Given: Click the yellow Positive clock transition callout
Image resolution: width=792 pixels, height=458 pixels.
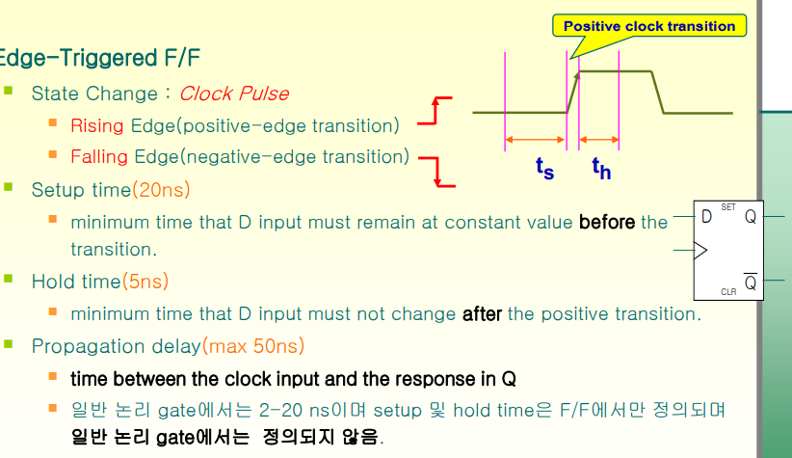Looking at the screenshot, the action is point(649,26).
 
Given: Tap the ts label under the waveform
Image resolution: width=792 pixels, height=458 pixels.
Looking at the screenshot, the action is point(545,168).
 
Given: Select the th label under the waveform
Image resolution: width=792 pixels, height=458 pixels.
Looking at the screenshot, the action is point(601,168).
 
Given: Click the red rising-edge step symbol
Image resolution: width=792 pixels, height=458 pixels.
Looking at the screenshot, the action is point(435,110).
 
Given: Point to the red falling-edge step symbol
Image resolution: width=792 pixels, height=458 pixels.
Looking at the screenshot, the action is point(437,172).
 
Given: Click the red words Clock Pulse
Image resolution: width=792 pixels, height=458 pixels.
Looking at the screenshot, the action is point(234,94).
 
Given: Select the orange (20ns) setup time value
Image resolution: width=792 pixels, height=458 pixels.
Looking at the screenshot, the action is point(161,190).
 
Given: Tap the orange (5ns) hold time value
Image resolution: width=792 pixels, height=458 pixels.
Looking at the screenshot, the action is point(145,282).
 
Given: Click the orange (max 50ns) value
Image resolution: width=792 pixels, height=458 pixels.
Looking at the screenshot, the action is point(253,346).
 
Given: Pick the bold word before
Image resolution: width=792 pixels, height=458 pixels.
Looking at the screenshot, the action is point(607,222).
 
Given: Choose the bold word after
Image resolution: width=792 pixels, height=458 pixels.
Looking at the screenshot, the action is point(482,314).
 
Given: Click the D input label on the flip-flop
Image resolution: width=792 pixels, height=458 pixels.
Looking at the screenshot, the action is point(706,217).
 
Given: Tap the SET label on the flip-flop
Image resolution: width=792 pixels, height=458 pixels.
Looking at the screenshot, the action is point(728,206).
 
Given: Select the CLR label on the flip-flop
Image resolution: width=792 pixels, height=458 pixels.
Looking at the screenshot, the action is point(728,292).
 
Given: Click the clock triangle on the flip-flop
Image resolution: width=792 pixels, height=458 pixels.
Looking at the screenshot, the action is point(701,251).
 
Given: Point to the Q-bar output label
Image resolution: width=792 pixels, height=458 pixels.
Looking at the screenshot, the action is point(751,282).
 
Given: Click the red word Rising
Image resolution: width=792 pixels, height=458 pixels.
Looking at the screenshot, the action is point(97,126).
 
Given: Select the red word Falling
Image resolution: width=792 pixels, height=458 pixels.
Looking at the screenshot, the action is point(99,157).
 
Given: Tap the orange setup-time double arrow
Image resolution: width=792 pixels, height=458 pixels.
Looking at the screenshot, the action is point(536,140).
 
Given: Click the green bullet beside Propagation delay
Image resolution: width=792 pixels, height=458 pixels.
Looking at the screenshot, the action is point(8,344).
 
